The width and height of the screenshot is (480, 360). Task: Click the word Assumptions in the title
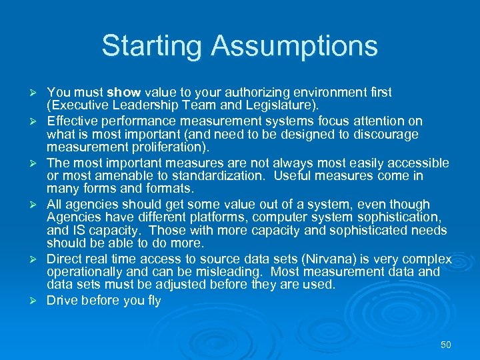pyautogui.click(x=295, y=47)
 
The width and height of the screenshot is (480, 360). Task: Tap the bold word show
pyautogui.click(x=124, y=92)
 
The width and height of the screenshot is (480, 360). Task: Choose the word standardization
pyautogui.click(x=208, y=175)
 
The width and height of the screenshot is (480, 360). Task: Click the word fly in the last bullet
pyautogui.click(x=153, y=301)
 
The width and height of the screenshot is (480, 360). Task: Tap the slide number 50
pyautogui.click(x=446, y=345)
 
